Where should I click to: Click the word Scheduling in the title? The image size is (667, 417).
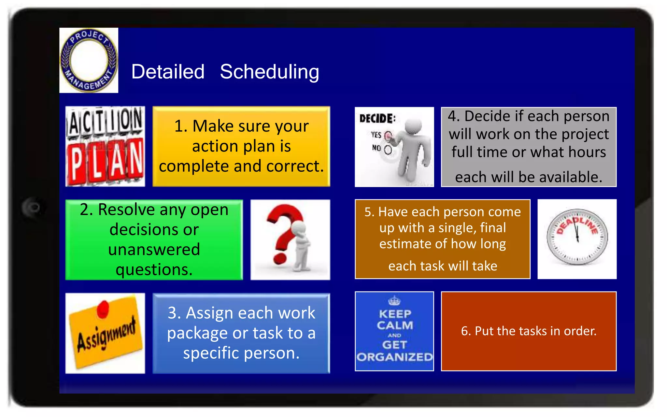point(269,72)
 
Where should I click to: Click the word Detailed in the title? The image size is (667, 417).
point(168,72)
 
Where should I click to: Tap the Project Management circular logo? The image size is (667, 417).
point(89,60)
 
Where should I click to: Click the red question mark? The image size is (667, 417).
point(283,235)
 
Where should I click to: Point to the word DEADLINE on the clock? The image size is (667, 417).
point(577,225)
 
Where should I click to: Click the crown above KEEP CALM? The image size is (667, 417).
point(394,300)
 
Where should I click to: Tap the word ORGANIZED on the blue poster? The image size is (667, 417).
point(394,357)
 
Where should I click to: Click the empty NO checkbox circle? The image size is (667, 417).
point(388,150)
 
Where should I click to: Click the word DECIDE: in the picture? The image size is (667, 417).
point(377,118)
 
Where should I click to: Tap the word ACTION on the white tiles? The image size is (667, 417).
point(105,122)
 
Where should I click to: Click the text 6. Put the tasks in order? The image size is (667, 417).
point(528,331)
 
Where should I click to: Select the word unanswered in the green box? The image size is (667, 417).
point(154,250)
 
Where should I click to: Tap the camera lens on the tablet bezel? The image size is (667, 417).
point(34,207)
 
